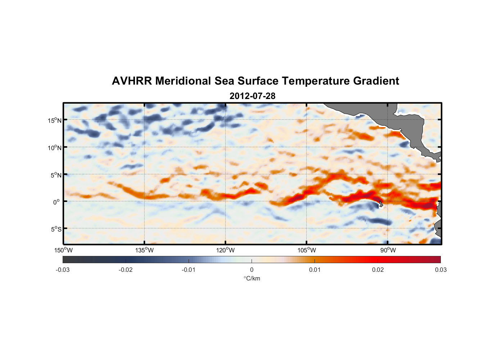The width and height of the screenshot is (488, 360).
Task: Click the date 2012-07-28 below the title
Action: [252, 96]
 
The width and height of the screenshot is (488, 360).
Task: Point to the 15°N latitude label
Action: [55, 120]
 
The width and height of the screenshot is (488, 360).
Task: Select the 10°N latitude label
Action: [55, 148]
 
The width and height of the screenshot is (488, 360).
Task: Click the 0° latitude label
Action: [57, 202]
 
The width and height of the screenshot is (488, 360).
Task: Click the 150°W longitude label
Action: [64, 250]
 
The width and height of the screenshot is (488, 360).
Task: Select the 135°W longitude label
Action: [145, 250]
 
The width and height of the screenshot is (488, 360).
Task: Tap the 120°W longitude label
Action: [226, 250]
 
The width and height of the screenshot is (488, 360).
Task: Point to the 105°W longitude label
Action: [307, 250]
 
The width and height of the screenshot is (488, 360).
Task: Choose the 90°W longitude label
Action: [388, 250]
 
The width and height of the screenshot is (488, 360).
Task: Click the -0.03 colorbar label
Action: [63, 270]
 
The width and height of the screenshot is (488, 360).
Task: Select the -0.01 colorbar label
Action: [188, 270]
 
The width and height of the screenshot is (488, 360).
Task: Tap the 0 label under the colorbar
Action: [252, 270]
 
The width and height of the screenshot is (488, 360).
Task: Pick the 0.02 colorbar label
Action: [378, 270]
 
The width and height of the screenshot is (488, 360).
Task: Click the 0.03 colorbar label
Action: [440, 270]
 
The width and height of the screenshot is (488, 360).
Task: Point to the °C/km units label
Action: [252, 278]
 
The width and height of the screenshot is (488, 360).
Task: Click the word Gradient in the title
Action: [376, 81]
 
